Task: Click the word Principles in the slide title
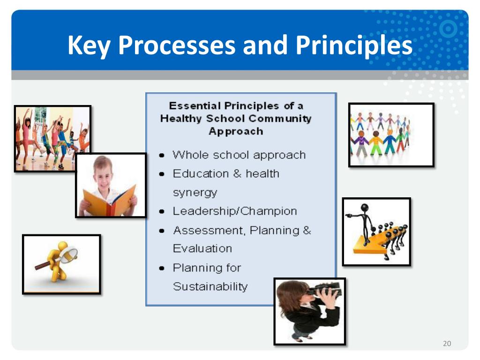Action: [x=353, y=45]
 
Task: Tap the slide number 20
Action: [x=447, y=344]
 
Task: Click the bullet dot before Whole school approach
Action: [x=162, y=156]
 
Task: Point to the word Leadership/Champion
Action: [x=234, y=211]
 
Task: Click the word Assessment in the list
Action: [x=209, y=230]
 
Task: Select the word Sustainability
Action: [x=210, y=286]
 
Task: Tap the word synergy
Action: [x=195, y=193]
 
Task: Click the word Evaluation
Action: [x=202, y=248]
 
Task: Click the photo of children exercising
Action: [x=52, y=138]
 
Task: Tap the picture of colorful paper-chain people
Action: [x=391, y=135]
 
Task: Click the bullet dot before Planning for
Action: [x=162, y=269]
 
